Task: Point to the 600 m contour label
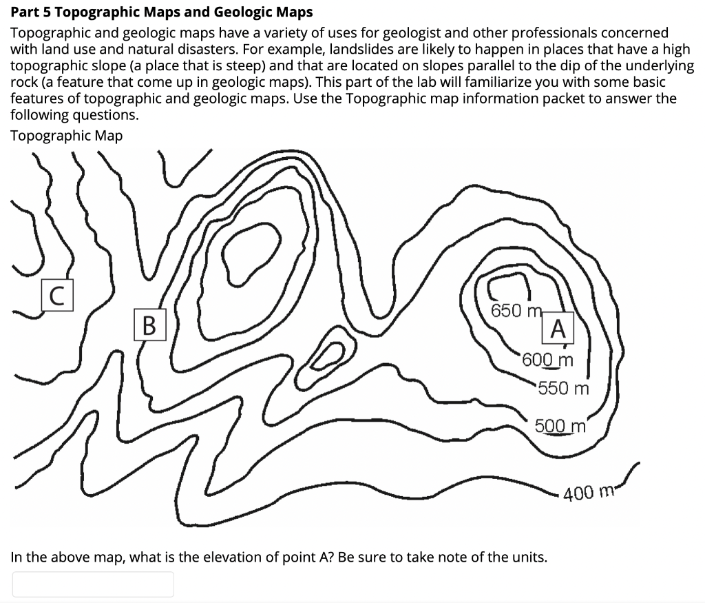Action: [x=547, y=360]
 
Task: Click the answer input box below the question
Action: [x=93, y=584]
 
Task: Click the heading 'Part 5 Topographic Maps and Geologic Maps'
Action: [x=162, y=12]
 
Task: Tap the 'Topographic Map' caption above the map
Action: [x=67, y=136]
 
